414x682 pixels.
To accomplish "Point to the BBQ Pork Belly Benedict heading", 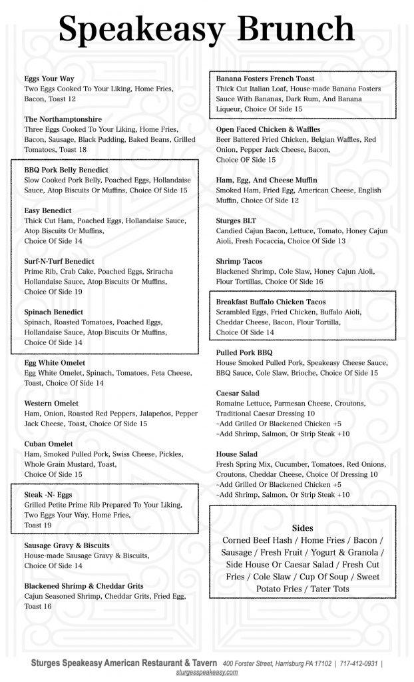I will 66,170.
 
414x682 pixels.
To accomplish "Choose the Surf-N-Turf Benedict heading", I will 59,261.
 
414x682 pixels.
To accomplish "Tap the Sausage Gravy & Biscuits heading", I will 71,545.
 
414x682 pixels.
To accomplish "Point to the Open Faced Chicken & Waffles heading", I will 268,129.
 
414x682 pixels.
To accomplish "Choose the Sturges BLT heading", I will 236,220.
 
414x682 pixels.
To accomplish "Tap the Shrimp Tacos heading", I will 240,261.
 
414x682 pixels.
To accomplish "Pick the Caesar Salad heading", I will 238,394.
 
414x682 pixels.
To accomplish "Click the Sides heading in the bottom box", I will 303,527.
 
